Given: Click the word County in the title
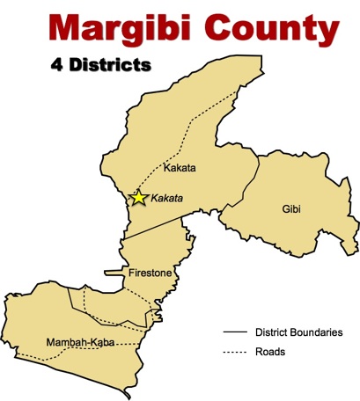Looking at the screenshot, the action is [270, 29].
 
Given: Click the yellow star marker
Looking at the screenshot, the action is [138, 198].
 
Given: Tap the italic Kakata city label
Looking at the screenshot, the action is [167, 199].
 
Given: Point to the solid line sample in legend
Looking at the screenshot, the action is [234, 332].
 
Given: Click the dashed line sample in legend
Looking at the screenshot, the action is [234, 352].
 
